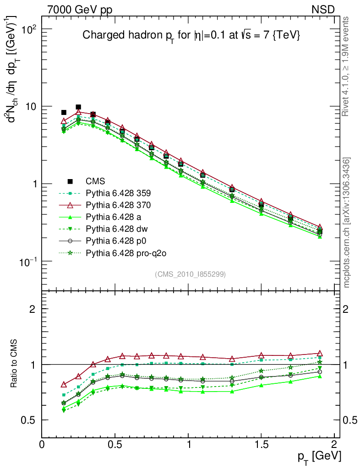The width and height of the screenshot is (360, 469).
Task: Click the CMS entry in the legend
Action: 94,181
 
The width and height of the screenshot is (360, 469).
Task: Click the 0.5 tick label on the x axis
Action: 115,444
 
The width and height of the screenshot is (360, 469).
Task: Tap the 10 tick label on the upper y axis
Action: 31,107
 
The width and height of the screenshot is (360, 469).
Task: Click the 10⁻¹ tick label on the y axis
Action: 29,261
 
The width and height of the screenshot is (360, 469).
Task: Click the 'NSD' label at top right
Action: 323,9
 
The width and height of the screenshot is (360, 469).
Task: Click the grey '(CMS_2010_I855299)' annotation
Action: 190,274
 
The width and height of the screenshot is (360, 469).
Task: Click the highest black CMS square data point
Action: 78,107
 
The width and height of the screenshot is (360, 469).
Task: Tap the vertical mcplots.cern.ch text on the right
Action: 347,222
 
